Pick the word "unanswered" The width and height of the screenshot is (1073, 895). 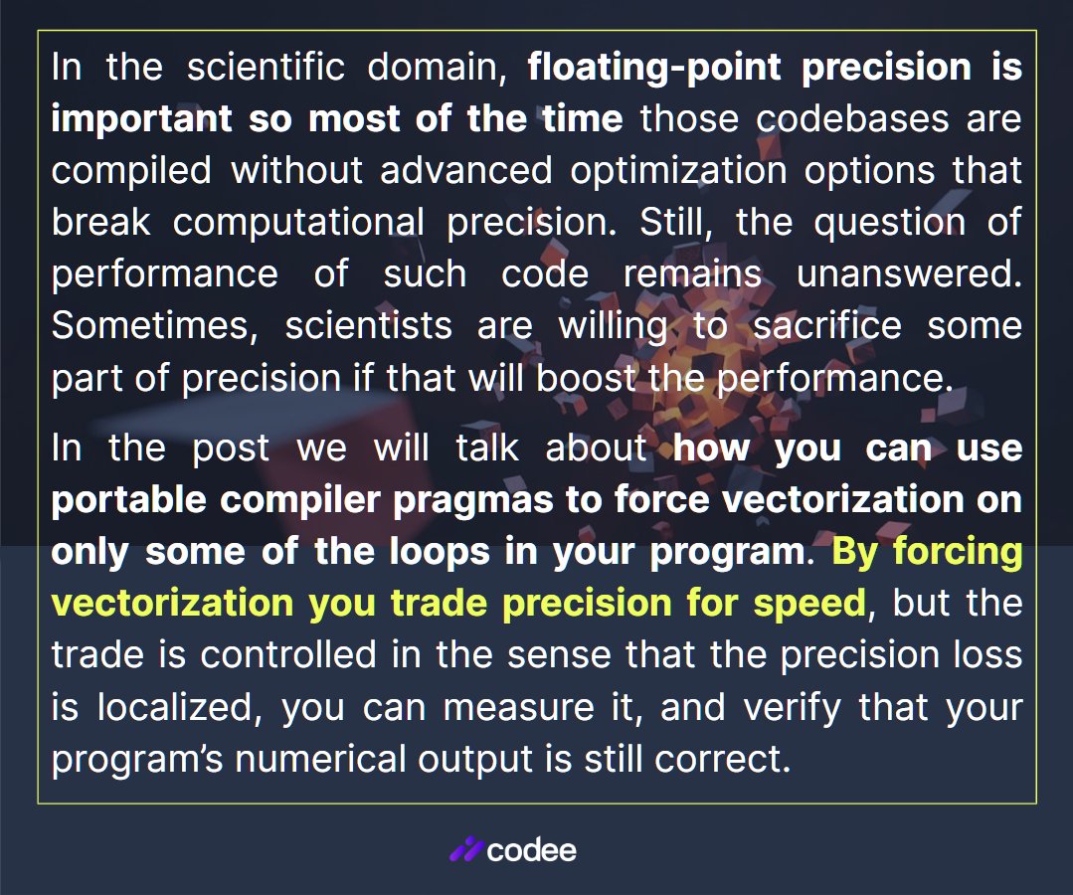tap(909, 273)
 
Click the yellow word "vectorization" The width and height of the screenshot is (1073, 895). tap(171, 603)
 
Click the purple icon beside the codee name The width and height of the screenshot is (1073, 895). tap(465, 850)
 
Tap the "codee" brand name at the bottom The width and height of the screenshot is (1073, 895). tap(532, 850)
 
